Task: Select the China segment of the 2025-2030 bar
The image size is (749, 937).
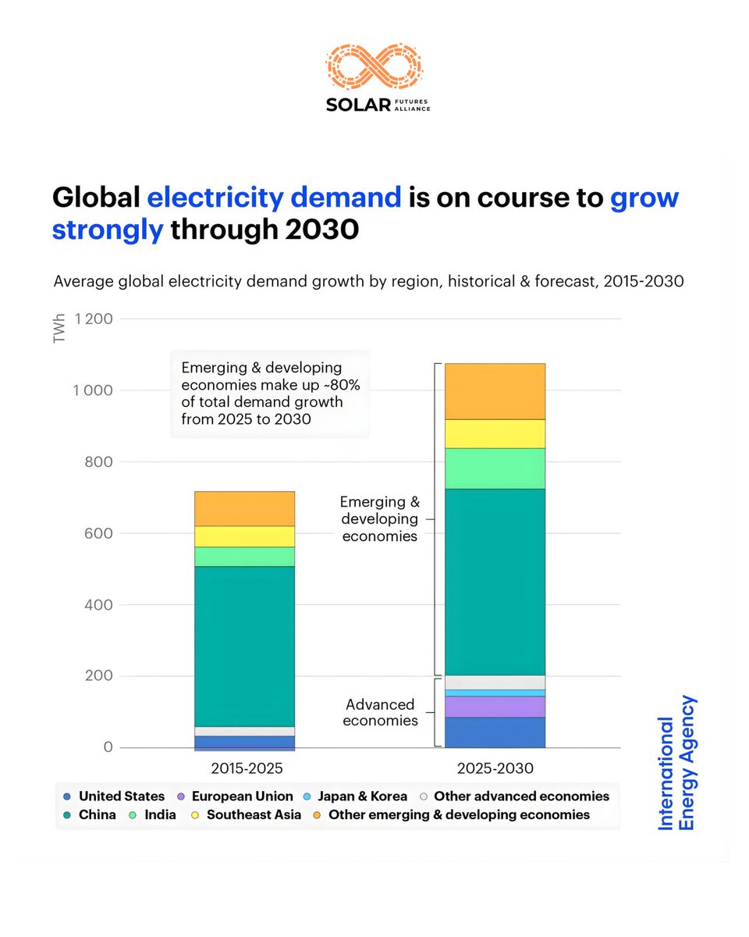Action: [495, 582]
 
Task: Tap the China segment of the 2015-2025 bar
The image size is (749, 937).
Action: [244, 646]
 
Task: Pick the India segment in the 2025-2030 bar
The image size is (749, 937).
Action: [495, 468]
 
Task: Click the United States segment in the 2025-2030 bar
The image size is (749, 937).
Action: [495, 732]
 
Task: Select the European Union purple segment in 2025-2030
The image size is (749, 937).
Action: [495, 707]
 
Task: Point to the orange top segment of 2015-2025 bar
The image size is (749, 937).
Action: [244, 508]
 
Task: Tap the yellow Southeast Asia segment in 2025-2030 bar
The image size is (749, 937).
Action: [495, 433]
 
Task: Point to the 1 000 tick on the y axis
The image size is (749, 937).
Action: [93, 390]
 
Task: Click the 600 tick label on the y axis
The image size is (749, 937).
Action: [100, 533]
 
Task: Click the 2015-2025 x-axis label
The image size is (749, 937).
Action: [244, 768]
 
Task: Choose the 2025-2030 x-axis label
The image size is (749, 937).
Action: [495, 768]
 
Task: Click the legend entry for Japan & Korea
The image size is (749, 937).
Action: [362, 796]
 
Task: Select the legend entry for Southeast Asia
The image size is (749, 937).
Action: [254, 815]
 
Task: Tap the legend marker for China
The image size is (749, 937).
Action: [66, 815]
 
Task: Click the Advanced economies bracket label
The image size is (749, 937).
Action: [382, 712]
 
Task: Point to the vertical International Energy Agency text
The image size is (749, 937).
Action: [676, 763]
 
